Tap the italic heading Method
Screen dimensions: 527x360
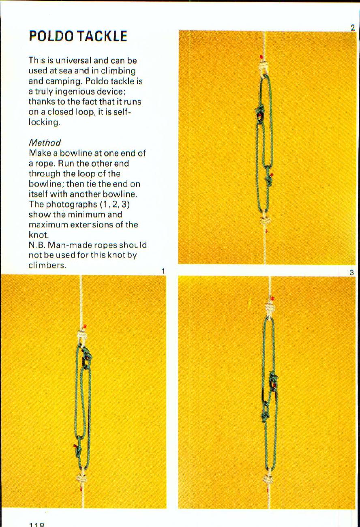click(45, 143)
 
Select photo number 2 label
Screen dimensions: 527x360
click(352, 28)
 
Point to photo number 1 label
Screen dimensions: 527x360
click(163, 271)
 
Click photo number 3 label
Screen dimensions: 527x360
click(351, 273)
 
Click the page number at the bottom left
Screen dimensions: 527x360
click(36, 524)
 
